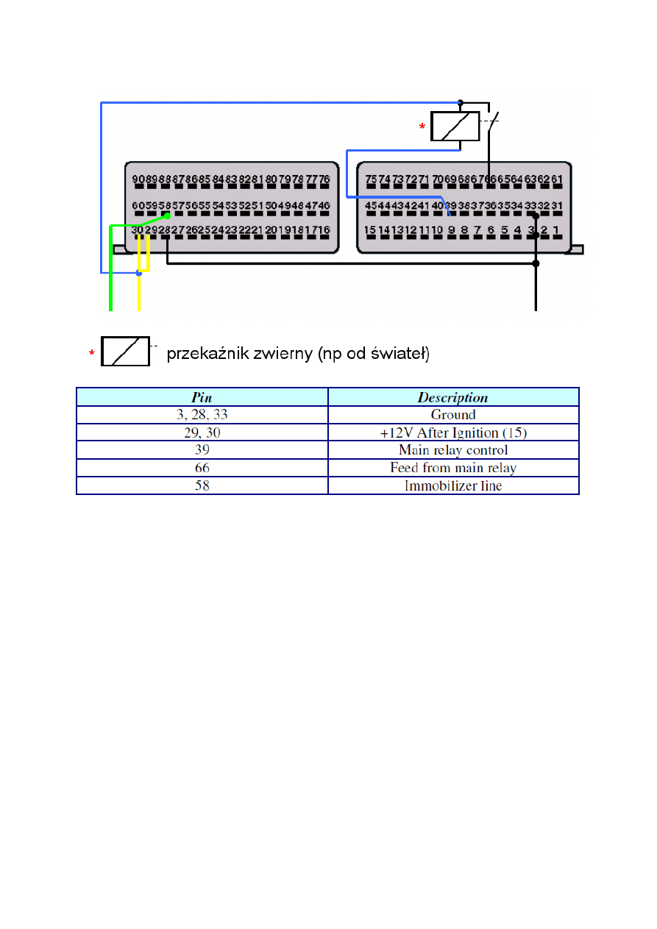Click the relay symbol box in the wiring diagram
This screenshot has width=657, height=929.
[x=455, y=126]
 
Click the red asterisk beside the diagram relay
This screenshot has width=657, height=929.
[x=422, y=127]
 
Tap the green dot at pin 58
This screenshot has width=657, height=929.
[x=168, y=216]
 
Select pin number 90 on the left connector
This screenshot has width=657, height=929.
[x=138, y=179]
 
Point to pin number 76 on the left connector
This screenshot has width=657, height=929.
[x=324, y=179]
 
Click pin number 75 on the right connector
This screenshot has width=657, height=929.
[x=371, y=179]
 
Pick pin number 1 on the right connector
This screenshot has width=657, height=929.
[x=556, y=230]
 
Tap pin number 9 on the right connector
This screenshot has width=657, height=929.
[x=451, y=230]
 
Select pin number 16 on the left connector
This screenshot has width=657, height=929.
[x=324, y=230]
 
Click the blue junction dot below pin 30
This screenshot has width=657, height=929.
[x=138, y=274]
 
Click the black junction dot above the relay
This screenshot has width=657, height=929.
[x=461, y=102]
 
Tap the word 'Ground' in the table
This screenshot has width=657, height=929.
[x=453, y=415]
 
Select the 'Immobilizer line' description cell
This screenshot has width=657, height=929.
[x=453, y=485]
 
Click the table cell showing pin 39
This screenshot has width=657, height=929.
[x=202, y=450]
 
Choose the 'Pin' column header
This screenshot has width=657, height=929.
[x=202, y=397]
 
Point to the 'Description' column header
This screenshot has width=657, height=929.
[x=453, y=397]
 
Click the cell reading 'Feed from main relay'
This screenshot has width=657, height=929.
[x=453, y=468]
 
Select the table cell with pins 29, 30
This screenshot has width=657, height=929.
[x=202, y=433]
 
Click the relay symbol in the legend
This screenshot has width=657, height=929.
[x=126, y=351]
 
